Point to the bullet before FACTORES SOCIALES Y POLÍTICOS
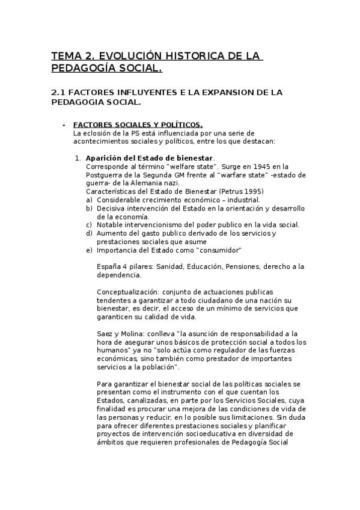[x=64, y=124]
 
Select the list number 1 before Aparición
[x=77, y=158]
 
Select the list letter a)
[x=89, y=200]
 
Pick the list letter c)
[x=89, y=224]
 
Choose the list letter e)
[x=89, y=250]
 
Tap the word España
[x=109, y=266]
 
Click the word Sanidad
[x=167, y=266]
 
